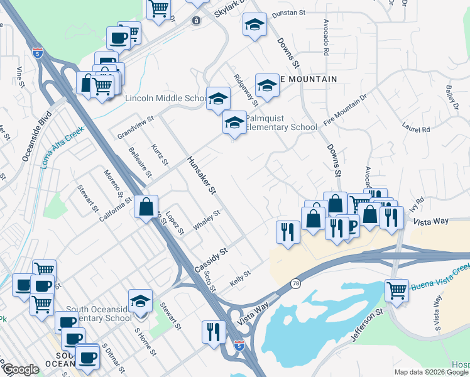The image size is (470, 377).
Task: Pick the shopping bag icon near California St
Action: (x=146, y=207)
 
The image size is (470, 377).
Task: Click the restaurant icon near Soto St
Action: (x=214, y=331)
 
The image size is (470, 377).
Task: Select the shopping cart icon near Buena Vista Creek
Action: (x=396, y=291)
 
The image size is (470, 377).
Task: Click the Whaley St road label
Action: (x=207, y=221)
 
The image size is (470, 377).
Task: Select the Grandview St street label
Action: (x=135, y=128)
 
